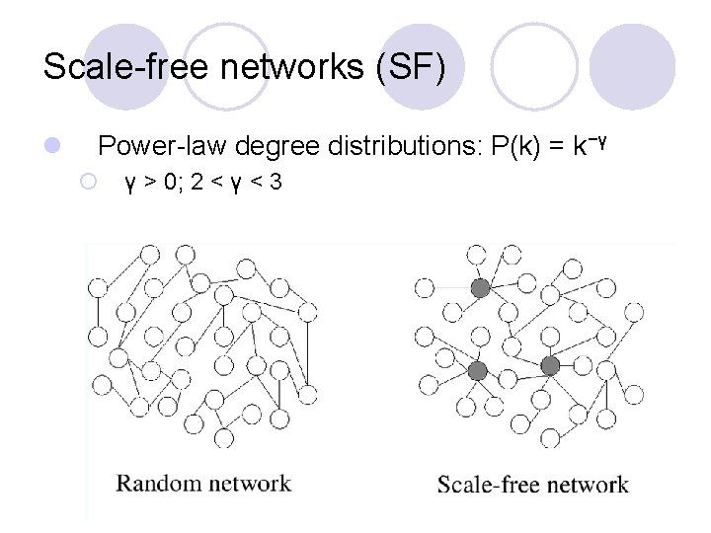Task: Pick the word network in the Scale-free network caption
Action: point(583,485)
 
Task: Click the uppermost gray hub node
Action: point(480,288)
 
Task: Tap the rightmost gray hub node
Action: point(551,366)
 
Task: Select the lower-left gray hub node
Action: point(478,371)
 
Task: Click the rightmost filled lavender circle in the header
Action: point(632,65)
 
